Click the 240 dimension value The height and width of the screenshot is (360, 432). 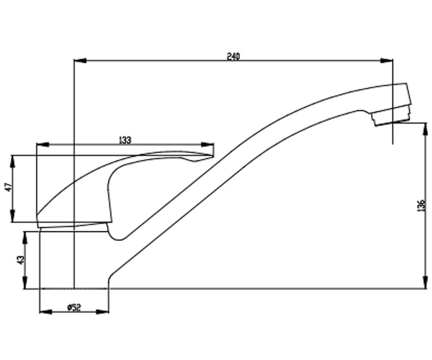234,57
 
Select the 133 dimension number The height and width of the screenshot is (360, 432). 125,140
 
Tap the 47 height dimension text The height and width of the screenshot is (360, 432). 9,187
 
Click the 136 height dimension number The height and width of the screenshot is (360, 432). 421,205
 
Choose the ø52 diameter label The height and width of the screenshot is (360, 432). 74,307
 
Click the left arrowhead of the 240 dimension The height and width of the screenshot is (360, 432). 80,60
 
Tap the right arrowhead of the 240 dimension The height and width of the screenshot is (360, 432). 387,60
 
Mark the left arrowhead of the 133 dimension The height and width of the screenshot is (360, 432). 42,145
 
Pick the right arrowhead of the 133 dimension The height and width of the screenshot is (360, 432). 207,145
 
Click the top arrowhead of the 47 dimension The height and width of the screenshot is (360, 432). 13,161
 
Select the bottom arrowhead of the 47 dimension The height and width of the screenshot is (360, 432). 13,216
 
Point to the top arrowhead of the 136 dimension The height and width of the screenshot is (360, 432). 426,129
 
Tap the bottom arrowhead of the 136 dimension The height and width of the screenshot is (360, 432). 426,282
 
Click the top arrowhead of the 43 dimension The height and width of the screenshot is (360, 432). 25,238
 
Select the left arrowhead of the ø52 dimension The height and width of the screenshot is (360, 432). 45,312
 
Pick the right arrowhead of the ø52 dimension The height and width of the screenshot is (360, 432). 102,312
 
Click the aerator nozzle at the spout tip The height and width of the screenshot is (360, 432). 391,116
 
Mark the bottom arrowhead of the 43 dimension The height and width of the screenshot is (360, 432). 25,282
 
